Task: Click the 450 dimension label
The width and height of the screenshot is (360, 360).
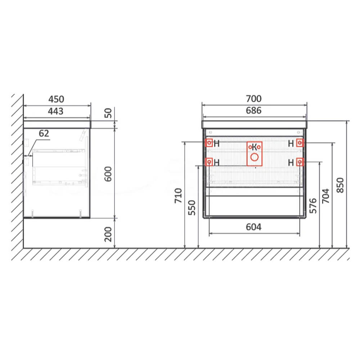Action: click(x=56, y=99)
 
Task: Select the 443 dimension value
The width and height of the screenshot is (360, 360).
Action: click(x=55, y=111)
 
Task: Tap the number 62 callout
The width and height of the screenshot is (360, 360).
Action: click(x=44, y=134)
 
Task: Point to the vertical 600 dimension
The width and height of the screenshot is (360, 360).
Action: click(x=108, y=174)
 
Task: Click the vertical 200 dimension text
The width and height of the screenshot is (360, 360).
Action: click(x=108, y=234)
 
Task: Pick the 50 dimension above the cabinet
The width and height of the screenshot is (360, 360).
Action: click(x=108, y=113)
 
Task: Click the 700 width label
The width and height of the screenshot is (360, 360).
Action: click(x=253, y=99)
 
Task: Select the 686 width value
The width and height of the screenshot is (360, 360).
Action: click(x=253, y=111)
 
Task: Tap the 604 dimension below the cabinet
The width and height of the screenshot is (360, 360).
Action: click(x=253, y=227)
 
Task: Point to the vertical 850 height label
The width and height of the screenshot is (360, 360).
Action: click(x=340, y=185)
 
